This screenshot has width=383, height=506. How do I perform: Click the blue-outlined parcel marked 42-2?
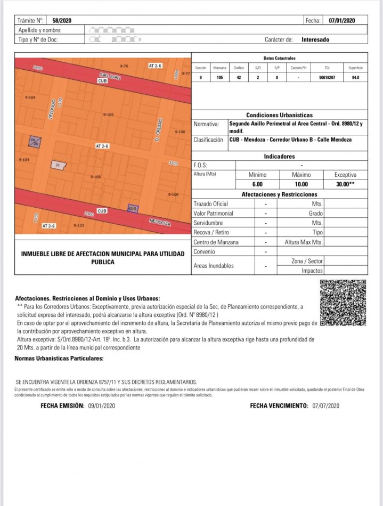[132, 208]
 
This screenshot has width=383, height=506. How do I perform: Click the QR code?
[343, 302]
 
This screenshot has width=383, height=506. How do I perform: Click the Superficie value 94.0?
[355, 78]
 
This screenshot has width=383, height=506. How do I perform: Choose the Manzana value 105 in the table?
[219, 78]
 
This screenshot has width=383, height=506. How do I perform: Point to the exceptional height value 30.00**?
[345, 184]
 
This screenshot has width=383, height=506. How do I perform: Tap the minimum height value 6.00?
[257, 184]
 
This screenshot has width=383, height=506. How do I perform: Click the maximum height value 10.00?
[301, 184]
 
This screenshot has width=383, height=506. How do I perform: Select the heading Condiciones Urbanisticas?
[279, 115]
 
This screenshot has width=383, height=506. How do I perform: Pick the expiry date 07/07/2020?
[326, 406]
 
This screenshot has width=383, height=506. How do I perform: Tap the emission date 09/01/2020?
[101, 406]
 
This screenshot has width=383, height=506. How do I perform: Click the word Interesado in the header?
[315, 39]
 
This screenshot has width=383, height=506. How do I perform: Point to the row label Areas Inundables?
[214, 266]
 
